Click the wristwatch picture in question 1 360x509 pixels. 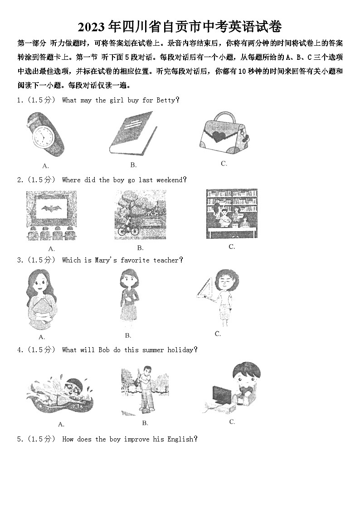[x=45, y=134]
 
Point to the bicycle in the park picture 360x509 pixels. [x=128, y=230]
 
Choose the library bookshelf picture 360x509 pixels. [x=231, y=213]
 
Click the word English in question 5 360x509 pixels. [x=180, y=439]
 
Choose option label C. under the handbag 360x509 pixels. [x=224, y=164]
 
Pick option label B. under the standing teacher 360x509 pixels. [x=128, y=335]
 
